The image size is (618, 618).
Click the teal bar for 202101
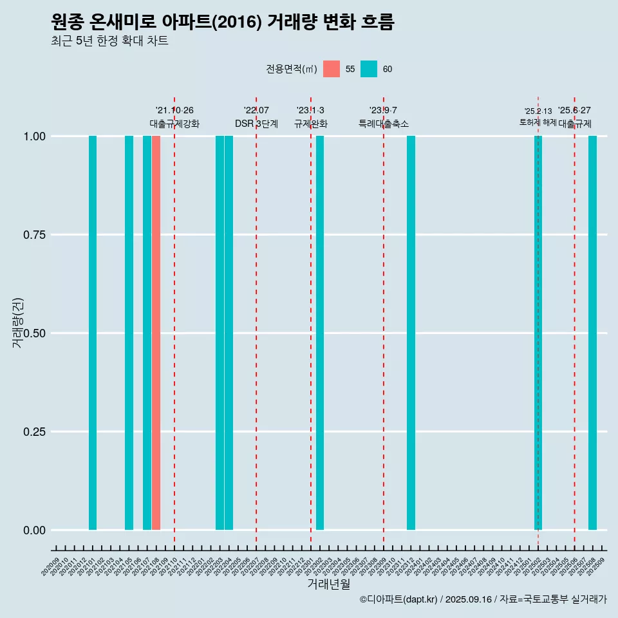coord(93,333)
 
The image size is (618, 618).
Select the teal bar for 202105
coord(129,333)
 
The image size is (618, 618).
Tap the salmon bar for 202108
coord(156,333)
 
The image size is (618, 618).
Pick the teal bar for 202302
coord(320,333)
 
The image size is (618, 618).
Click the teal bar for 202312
coord(411,333)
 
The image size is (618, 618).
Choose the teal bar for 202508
coord(592,333)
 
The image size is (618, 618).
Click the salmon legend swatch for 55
coord(332,69)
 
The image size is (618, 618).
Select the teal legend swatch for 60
coord(369,69)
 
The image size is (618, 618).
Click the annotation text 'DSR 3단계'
coord(256,124)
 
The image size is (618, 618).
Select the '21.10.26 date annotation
coord(174,110)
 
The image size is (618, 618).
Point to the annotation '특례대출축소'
coord(384,124)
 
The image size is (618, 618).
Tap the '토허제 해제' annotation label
coord(538,122)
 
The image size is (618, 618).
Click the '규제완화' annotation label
coord(311,124)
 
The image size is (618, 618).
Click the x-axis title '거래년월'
coord(329,585)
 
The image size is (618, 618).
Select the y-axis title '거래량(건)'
coord(17,322)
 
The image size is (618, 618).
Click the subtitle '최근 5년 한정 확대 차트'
coord(109,41)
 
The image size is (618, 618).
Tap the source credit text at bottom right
coord(483,599)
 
